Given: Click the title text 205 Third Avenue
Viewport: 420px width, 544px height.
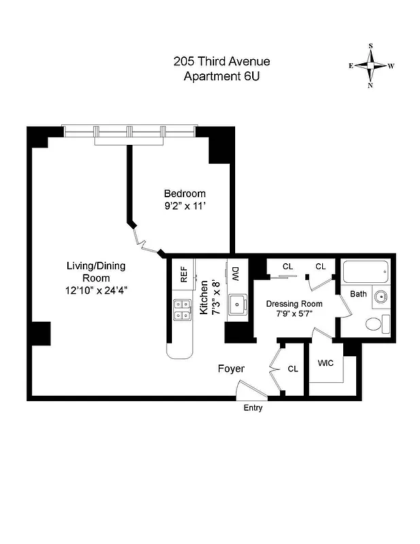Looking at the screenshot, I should click(222, 62).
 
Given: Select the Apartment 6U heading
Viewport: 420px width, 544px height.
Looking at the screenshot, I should click(222, 76).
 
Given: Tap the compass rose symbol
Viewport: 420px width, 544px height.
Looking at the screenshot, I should click(371, 66).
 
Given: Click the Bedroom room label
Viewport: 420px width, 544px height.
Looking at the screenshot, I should click(186, 193).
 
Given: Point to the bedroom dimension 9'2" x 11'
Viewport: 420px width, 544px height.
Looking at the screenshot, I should click(186, 206).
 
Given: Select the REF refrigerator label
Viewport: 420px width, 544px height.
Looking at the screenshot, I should click(183, 275).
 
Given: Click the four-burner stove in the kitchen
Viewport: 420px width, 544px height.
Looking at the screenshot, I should click(181, 310).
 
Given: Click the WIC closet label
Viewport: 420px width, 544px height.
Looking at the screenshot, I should click(326, 363).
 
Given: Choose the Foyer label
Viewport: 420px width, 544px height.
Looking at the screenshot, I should click(230, 369).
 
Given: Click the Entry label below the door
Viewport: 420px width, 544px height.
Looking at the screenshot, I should click(252, 408).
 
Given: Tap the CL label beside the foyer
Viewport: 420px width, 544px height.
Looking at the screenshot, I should click(293, 369).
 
